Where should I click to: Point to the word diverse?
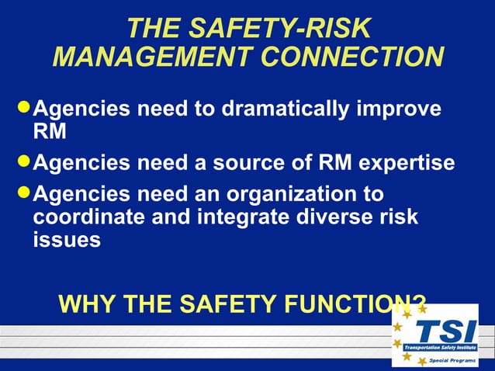tap(335, 217)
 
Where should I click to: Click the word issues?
tap(67, 240)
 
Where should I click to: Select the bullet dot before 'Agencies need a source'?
tap(24, 162)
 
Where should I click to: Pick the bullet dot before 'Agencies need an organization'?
tap(24, 190)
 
